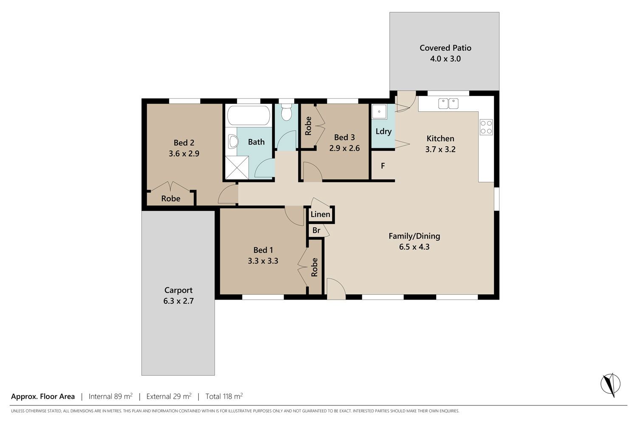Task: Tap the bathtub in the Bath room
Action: point(248,115)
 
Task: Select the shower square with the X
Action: point(237,168)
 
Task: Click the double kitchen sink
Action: point(448,104)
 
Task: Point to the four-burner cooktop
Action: point(486,127)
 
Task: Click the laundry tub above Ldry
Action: point(379,111)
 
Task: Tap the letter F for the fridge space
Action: point(383,166)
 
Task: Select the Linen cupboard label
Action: point(320,214)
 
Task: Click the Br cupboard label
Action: point(316,230)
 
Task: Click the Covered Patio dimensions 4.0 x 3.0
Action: point(445,59)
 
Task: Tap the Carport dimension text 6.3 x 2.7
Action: point(178,301)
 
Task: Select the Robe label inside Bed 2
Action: point(171,198)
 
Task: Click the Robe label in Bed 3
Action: point(308,126)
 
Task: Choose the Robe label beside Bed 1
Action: point(314,267)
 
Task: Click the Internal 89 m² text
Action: point(110,396)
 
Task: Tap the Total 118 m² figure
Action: point(224,396)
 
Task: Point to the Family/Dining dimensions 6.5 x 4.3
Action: point(414,247)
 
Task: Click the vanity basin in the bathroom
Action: point(233,142)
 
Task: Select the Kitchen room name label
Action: point(440,139)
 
